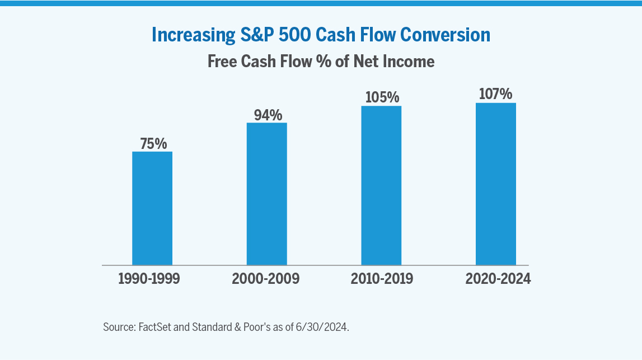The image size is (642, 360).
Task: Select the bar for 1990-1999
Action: [152, 208]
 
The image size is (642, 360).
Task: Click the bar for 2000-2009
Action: [267, 193]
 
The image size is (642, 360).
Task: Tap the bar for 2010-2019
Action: [381, 185]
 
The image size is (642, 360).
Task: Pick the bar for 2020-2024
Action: [496, 184]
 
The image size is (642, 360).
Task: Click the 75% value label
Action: [153, 143]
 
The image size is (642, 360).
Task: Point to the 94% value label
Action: [268, 115]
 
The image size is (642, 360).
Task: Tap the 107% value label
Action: [496, 94]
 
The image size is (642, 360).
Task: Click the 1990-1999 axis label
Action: [149, 279]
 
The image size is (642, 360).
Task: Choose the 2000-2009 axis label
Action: [266, 279]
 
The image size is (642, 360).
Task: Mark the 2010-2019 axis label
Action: [382, 279]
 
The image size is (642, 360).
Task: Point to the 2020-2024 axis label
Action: [498, 279]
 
